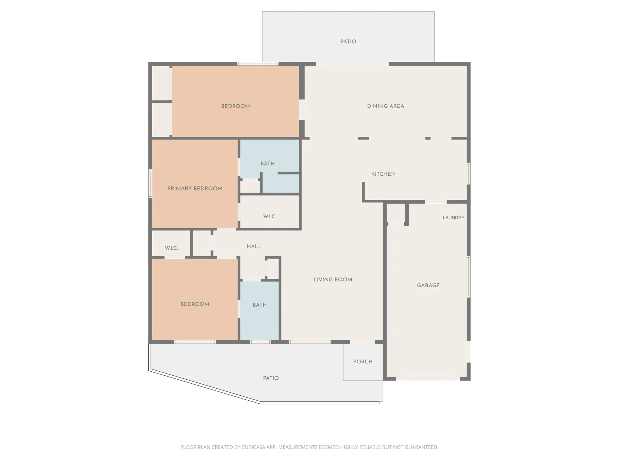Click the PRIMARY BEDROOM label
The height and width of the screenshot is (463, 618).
click(x=195, y=189)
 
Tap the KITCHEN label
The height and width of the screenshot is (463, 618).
click(x=383, y=174)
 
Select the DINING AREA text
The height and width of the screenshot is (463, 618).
click(x=385, y=106)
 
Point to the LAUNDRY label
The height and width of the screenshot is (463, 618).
click(x=453, y=218)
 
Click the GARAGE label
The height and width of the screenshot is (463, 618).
click(x=428, y=286)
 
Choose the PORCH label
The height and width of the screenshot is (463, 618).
click(x=363, y=361)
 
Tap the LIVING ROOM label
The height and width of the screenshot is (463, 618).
click(x=333, y=280)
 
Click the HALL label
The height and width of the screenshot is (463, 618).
click(x=254, y=246)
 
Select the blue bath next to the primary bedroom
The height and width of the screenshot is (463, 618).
click(x=268, y=164)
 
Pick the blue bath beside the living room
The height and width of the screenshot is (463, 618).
click(x=260, y=305)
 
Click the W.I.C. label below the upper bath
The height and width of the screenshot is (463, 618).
click(x=269, y=216)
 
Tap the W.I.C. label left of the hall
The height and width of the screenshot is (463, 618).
click(x=171, y=248)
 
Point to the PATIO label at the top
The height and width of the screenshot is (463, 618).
click(x=348, y=42)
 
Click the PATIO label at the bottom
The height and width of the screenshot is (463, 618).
click(x=271, y=378)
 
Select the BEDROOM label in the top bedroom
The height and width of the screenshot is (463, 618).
click(x=235, y=106)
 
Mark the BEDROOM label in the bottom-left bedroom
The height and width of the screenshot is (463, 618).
click(x=195, y=304)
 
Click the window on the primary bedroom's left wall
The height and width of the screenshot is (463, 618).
click(x=150, y=183)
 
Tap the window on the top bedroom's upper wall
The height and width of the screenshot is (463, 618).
click(x=257, y=64)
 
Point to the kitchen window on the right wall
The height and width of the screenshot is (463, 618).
click(x=468, y=174)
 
